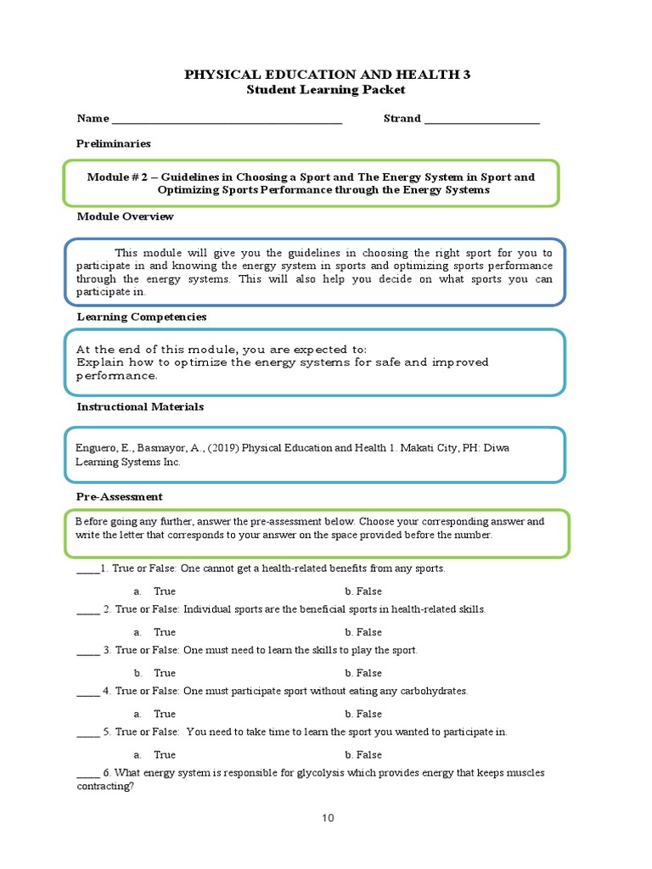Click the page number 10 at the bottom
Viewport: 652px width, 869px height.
pos(328,818)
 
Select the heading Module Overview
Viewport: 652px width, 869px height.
pos(125,216)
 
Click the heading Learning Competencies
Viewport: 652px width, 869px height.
pos(142,317)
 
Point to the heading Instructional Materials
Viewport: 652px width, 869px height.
pos(140,406)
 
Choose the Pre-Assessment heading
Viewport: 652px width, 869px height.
pos(120,496)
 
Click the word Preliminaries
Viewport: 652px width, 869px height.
pos(114,144)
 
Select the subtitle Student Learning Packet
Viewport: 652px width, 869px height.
pos(327,90)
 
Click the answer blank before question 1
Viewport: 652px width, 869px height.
pos(87,569)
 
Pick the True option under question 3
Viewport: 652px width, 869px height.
pos(165,673)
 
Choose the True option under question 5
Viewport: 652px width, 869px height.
pos(165,754)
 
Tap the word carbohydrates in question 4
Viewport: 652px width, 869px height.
pos(433,692)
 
